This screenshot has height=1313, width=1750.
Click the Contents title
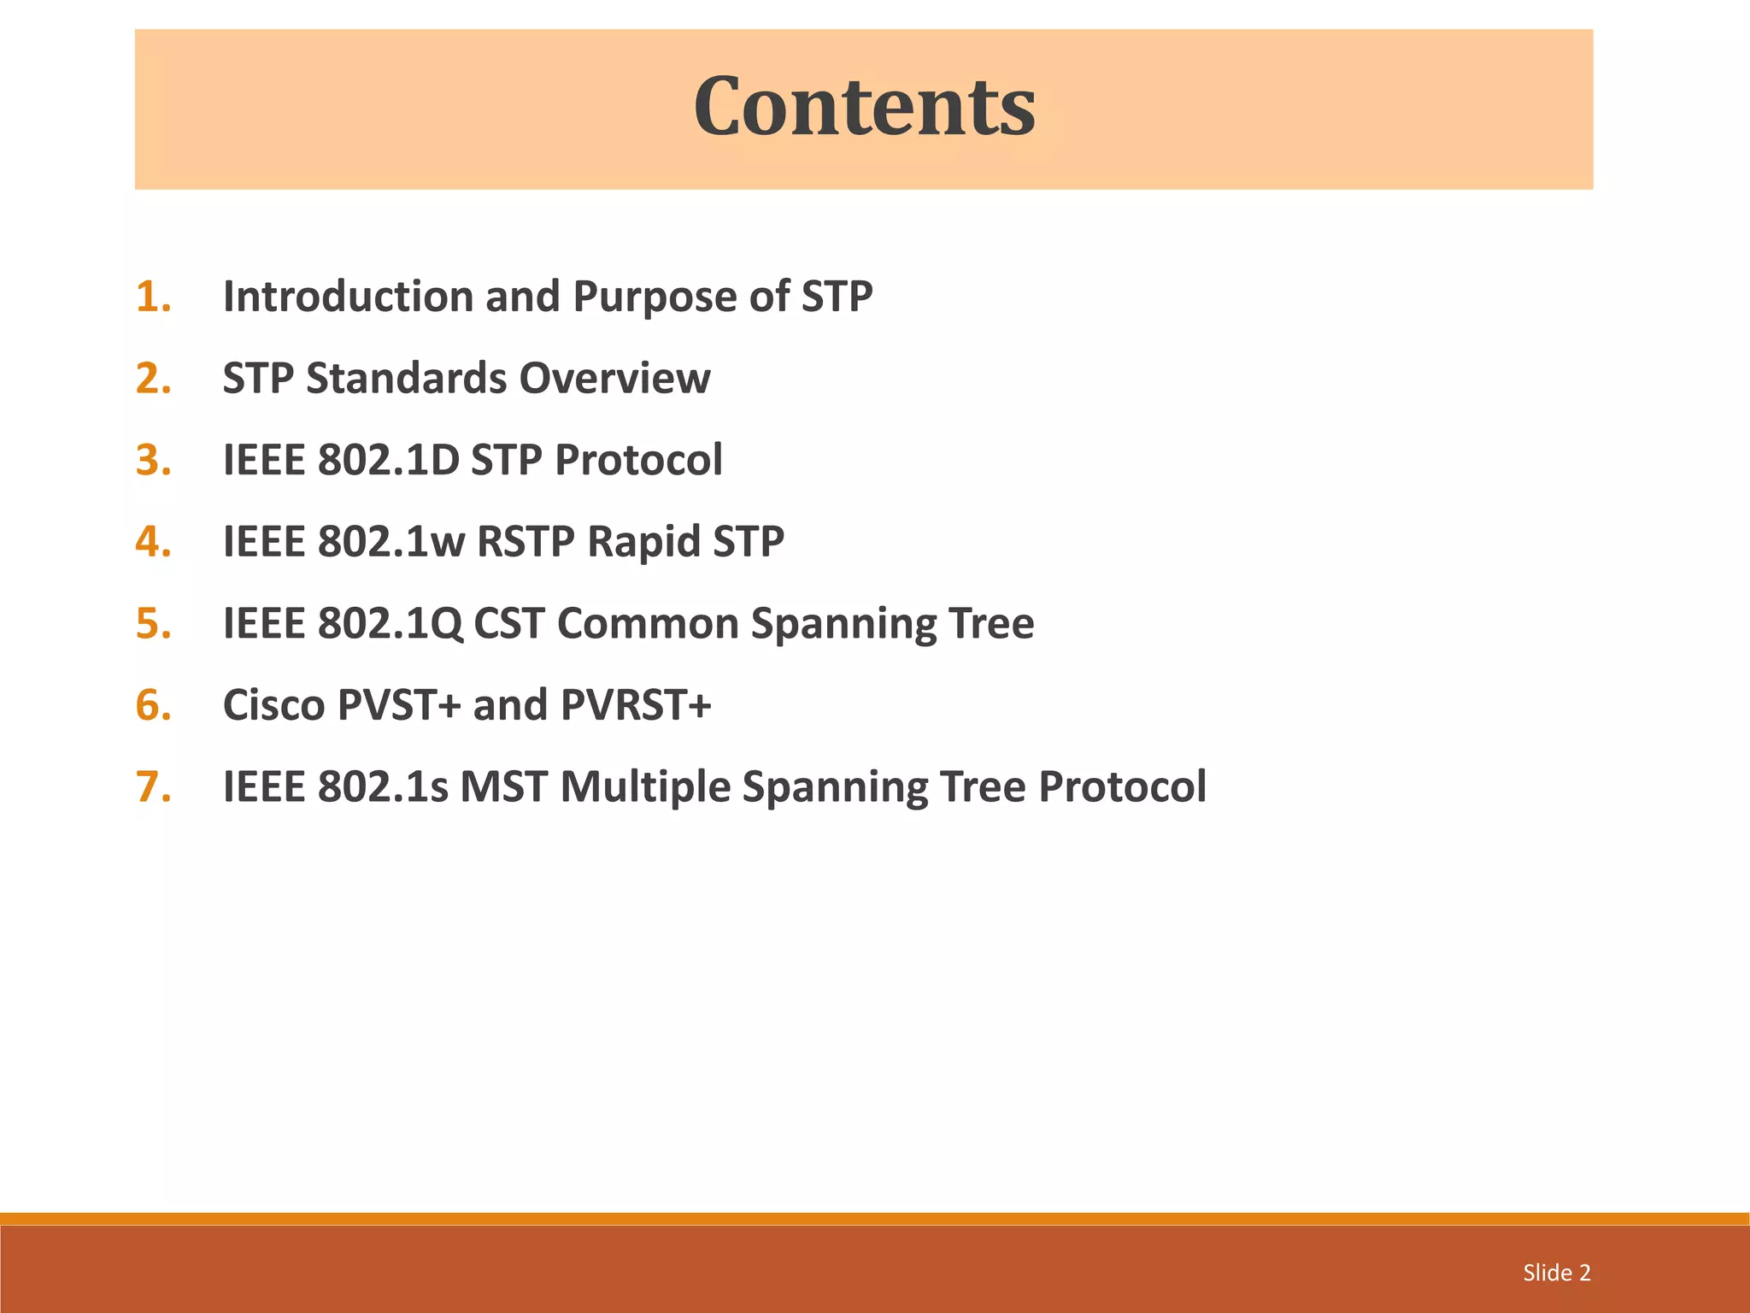864,107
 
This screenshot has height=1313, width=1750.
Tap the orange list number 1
153,297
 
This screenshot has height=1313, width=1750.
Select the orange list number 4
153,542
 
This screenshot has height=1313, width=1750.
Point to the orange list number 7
153,787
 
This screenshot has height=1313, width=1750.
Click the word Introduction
348,297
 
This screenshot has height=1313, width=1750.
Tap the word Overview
614,378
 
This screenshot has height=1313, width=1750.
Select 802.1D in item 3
388,460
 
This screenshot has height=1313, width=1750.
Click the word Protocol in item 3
638,460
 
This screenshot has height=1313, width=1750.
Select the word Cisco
273,705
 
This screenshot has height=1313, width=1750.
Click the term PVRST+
636,705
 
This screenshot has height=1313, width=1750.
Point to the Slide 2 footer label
1556,1273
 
